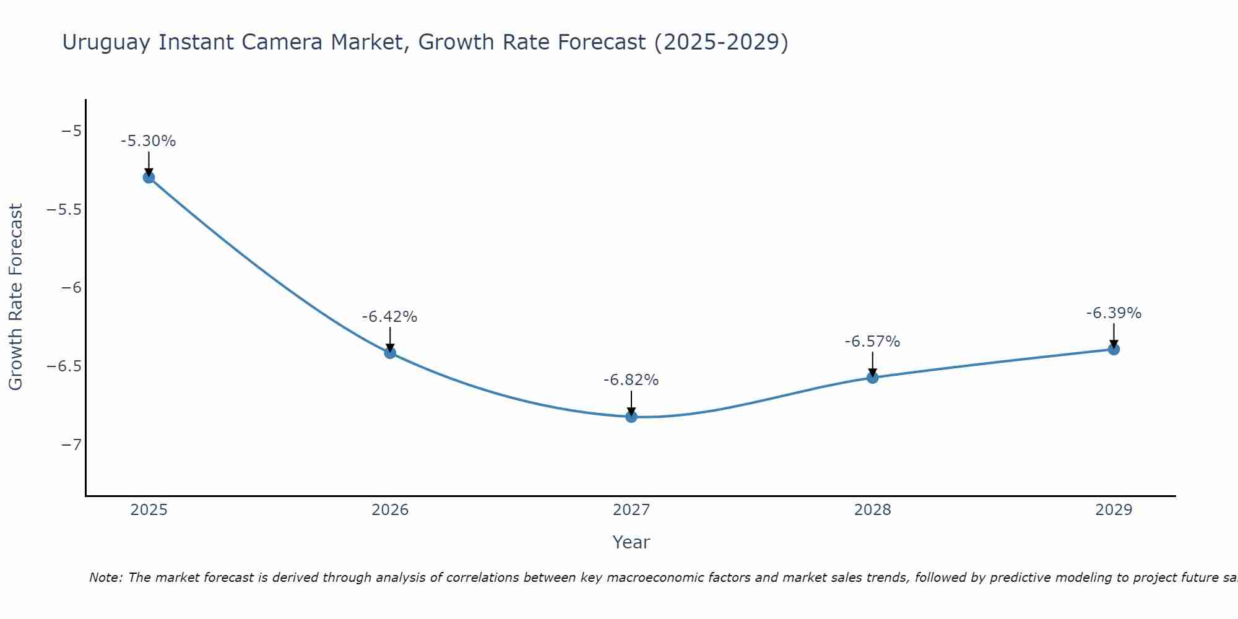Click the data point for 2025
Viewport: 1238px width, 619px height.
(149, 178)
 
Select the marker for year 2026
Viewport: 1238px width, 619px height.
(390, 353)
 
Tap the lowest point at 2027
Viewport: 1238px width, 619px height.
(631, 417)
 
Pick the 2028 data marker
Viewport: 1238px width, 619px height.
(873, 377)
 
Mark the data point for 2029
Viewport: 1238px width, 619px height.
(1114, 349)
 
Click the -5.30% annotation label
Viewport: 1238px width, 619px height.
(148, 141)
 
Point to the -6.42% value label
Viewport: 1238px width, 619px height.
(389, 317)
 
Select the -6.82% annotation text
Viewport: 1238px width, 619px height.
(631, 380)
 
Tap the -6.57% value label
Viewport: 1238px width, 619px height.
(872, 342)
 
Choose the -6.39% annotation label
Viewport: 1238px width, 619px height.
(1114, 313)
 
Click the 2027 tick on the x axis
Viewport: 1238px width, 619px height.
(631, 510)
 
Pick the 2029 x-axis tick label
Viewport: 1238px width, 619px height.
(1114, 510)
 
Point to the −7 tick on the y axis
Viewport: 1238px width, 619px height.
(72, 445)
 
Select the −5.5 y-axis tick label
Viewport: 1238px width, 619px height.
(64, 210)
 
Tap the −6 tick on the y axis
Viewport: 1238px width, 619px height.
(72, 288)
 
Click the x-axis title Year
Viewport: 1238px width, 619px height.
(631, 542)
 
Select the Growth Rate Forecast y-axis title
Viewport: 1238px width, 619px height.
(15, 297)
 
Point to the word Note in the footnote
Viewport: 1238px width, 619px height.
(106, 578)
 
